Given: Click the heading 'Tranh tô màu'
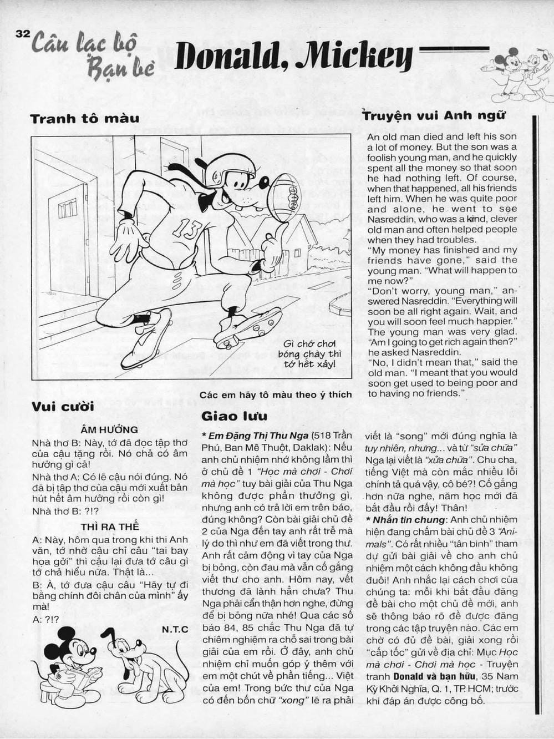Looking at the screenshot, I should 84,119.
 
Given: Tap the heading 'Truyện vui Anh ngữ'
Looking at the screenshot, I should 433,116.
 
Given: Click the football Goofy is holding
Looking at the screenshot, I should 284,197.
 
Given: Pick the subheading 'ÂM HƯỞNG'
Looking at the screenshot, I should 109,429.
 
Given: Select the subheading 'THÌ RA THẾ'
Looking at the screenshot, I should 109,526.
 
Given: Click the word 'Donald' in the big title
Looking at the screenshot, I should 232,57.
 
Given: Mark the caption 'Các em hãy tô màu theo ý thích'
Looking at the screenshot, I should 276,394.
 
